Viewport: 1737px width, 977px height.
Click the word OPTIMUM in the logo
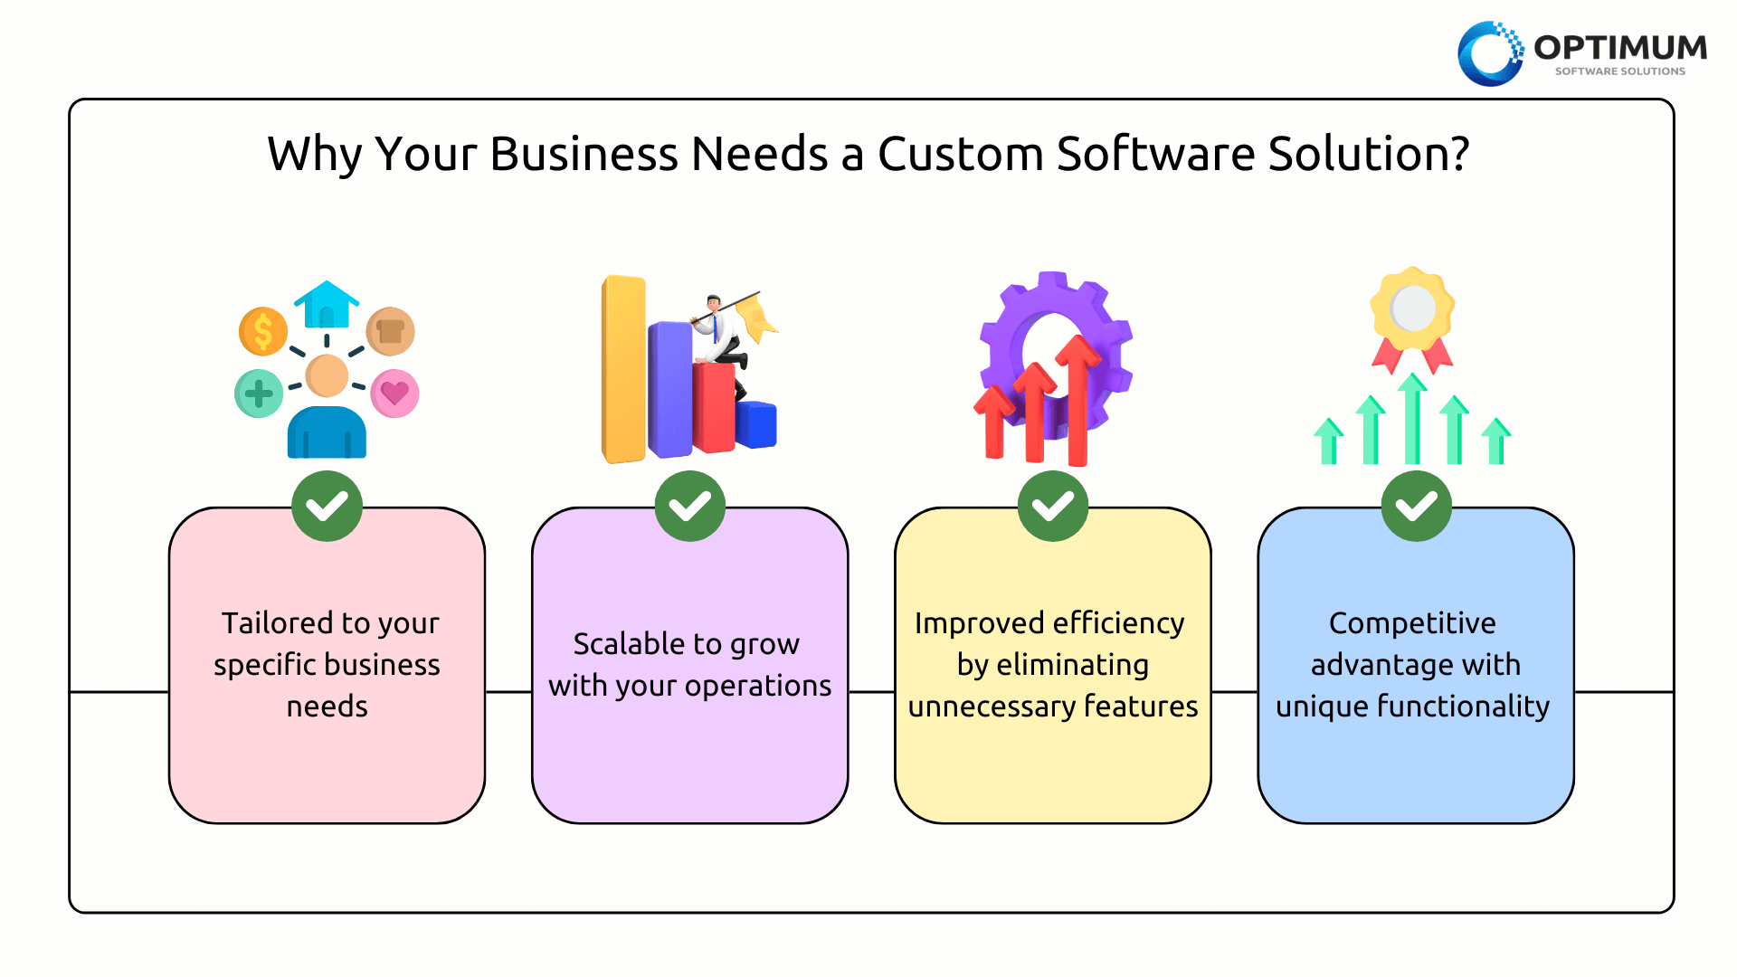pyautogui.click(x=1620, y=47)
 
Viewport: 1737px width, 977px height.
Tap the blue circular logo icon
pyautogui.click(x=1490, y=54)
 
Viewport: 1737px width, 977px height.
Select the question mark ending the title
pyautogui.click(x=1458, y=154)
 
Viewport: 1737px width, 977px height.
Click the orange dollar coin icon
pyautogui.click(x=263, y=331)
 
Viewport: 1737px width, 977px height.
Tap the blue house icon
pyautogui.click(x=327, y=305)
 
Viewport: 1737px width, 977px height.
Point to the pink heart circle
pyautogui.click(x=394, y=394)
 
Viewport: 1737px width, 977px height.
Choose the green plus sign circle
pyautogui.click(x=259, y=394)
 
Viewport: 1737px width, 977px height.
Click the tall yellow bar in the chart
pyautogui.click(x=624, y=369)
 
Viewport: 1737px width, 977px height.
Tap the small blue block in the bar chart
pyautogui.click(x=755, y=425)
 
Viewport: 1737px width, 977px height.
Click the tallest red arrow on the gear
pyautogui.click(x=1077, y=401)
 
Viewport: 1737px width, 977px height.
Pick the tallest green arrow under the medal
pyautogui.click(x=1412, y=419)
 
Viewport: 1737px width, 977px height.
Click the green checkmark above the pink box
pyautogui.click(x=327, y=507)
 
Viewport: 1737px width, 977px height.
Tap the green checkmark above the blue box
pyautogui.click(x=1416, y=507)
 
